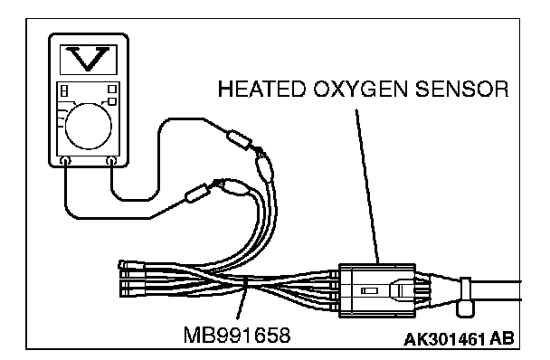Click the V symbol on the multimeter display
point(88,59)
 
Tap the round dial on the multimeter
point(89,127)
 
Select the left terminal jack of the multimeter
point(65,161)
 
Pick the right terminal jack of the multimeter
point(111,161)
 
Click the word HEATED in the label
point(261,89)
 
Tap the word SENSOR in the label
point(462,89)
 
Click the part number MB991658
point(237,335)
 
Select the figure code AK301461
point(444,339)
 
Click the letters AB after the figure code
point(502,339)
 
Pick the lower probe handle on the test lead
point(197,193)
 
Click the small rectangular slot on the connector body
point(369,291)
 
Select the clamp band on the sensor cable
point(466,297)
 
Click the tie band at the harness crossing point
point(245,285)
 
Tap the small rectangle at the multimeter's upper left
point(64,90)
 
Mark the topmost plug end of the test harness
point(131,265)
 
